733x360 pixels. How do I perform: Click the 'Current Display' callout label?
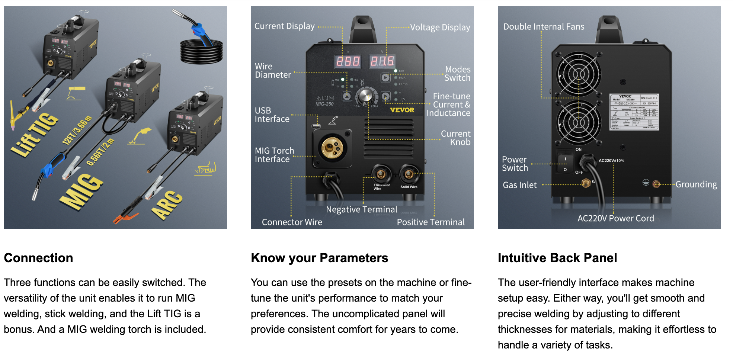tap(284, 26)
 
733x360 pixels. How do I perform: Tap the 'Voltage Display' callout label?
tap(440, 28)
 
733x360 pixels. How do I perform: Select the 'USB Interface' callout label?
tap(272, 115)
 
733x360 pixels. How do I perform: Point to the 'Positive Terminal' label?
tap(430, 222)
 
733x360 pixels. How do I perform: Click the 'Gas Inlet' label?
tap(519, 185)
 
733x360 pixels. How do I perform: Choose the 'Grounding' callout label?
tap(696, 184)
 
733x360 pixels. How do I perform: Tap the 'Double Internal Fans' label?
tap(544, 27)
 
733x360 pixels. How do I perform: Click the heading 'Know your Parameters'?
tap(319, 258)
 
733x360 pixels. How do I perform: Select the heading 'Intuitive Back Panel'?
tap(557, 258)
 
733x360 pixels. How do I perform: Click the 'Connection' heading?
tap(38, 258)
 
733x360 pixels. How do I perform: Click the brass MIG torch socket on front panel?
tap(332, 148)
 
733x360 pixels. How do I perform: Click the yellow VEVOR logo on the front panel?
tap(402, 110)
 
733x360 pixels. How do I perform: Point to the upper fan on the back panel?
tap(578, 74)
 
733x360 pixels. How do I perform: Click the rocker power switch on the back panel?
tap(565, 164)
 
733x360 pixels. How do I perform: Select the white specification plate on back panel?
tap(634, 112)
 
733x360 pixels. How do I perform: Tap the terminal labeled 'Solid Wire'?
tap(409, 174)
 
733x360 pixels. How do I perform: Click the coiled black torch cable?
tap(201, 52)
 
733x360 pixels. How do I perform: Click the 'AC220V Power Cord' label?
tap(615, 218)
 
